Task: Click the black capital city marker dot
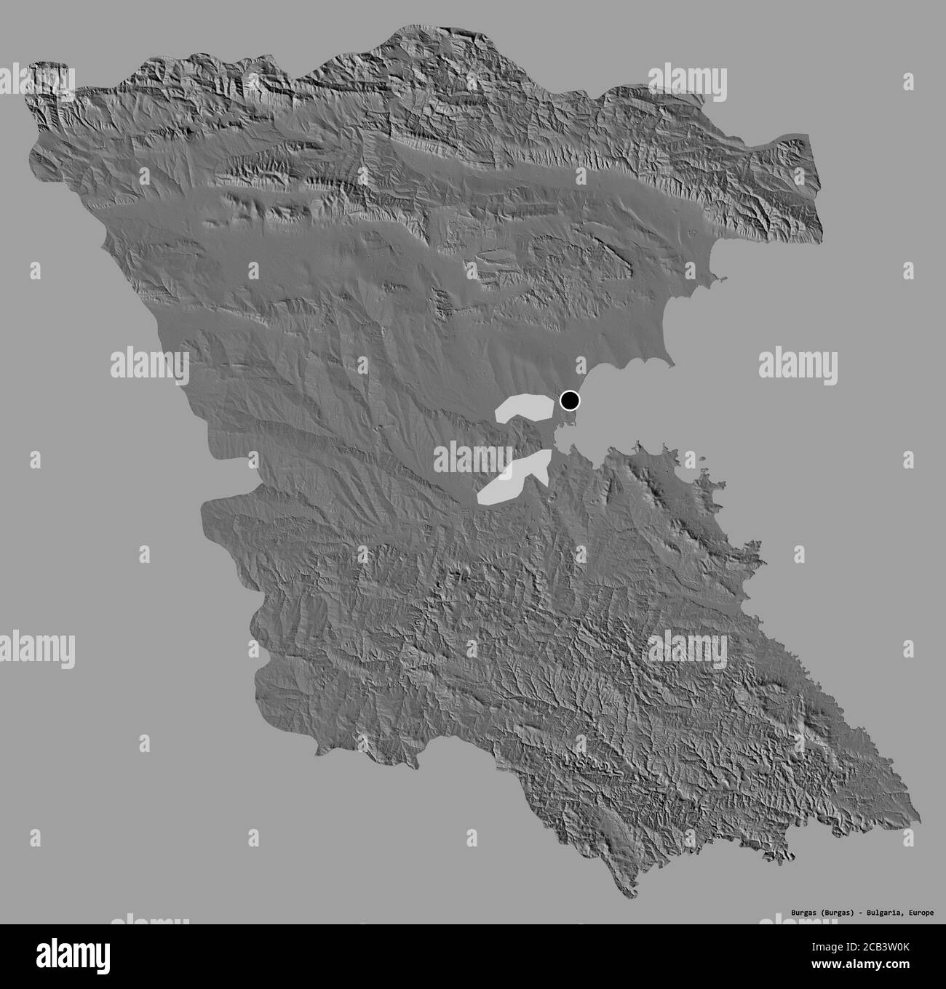(x=570, y=400)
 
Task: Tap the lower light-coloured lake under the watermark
(x=513, y=477)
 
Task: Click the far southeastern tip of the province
(x=919, y=817)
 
